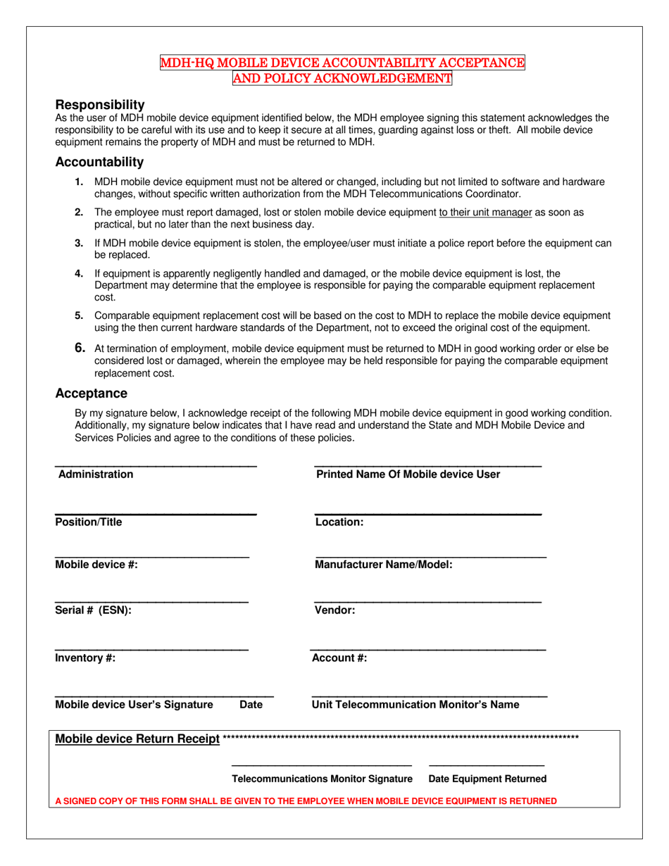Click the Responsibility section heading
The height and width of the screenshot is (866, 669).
click(100, 104)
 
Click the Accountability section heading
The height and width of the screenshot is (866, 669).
click(99, 162)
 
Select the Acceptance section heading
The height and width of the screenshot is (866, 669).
click(92, 393)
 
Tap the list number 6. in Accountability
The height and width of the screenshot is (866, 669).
click(80, 348)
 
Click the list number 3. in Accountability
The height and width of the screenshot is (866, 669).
click(80, 243)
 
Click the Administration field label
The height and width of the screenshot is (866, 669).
click(96, 475)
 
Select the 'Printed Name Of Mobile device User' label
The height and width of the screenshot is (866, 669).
click(408, 475)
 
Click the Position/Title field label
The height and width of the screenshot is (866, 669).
click(89, 522)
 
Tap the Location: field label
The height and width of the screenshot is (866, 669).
click(339, 522)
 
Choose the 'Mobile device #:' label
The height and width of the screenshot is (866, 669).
click(96, 565)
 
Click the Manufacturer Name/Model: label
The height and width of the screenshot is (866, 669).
click(384, 565)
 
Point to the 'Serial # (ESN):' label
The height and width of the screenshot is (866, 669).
click(93, 610)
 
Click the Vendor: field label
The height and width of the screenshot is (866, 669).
click(335, 610)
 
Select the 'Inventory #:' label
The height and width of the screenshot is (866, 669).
click(85, 658)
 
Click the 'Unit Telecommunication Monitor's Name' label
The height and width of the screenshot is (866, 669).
click(415, 705)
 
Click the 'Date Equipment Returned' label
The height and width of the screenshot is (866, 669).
click(487, 779)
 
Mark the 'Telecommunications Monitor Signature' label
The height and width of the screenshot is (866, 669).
click(323, 779)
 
